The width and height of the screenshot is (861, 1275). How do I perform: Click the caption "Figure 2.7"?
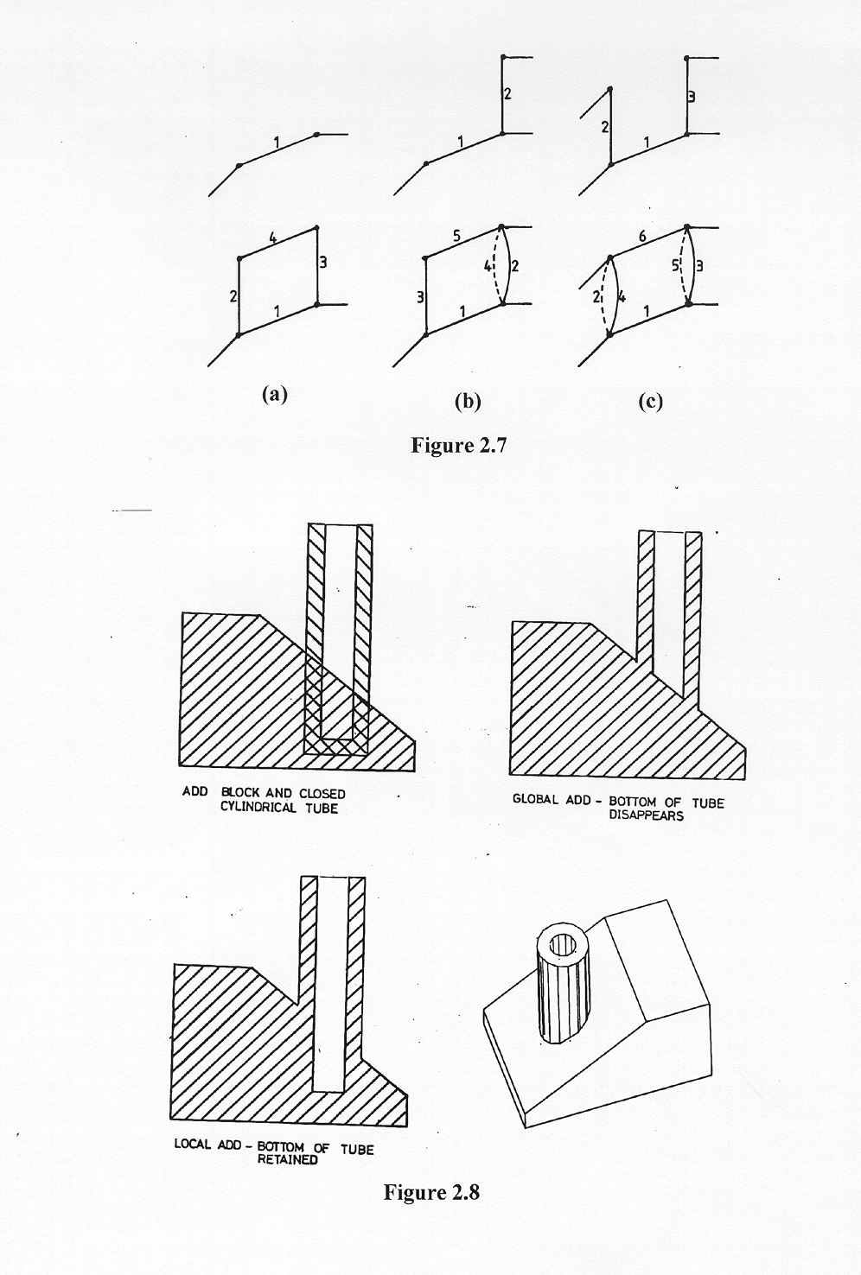(458, 445)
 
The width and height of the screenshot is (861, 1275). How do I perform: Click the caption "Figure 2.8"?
(431, 1191)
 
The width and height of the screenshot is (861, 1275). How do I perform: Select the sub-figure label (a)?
(275, 394)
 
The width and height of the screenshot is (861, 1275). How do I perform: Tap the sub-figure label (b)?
(468, 402)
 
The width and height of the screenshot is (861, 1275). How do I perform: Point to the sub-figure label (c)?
(650, 402)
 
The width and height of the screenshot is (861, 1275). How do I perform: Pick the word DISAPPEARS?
(647, 815)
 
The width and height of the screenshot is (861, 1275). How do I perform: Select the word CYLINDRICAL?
(258, 808)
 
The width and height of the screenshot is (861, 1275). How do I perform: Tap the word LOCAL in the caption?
(193, 1144)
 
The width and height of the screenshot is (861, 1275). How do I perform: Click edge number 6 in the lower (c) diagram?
(642, 236)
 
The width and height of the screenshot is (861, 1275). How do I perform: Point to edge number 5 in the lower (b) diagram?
(456, 236)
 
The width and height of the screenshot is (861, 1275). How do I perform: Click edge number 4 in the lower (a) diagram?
(273, 238)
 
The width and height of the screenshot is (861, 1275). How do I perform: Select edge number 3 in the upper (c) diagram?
(692, 98)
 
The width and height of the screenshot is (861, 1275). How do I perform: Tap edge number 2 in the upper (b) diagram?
(507, 93)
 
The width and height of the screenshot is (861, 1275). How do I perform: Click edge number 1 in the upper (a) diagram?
(277, 142)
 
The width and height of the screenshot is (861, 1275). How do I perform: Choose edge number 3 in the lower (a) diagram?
(323, 263)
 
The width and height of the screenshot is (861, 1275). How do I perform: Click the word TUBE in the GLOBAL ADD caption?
(708, 803)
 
